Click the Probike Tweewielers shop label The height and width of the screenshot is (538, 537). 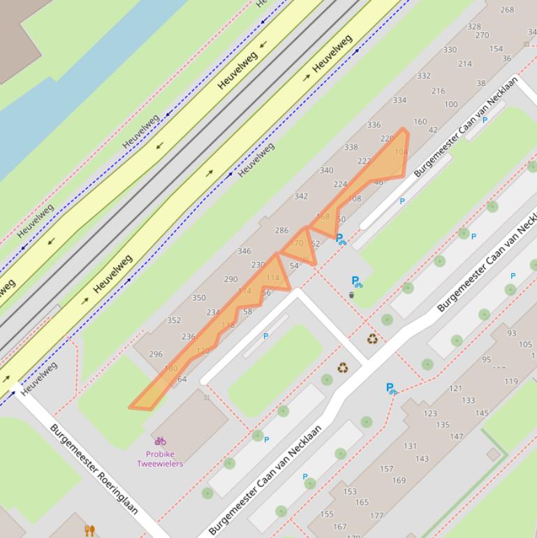pyautogui.click(x=160, y=458)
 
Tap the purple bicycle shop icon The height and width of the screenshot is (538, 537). pyautogui.click(x=161, y=441)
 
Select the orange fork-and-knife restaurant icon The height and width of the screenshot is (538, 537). pyautogui.click(x=89, y=531)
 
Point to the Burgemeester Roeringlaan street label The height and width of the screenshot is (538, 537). pyautogui.click(x=94, y=468)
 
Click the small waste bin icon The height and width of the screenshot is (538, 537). pyautogui.click(x=351, y=296)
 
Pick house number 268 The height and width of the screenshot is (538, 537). pyautogui.click(x=507, y=10)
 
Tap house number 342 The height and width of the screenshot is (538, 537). pyautogui.click(x=301, y=196)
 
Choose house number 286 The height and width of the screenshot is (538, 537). pyautogui.click(x=281, y=230)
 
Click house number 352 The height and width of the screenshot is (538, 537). pyautogui.click(x=174, y=321)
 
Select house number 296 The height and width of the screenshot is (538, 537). pyautogui.click(x=156, y=354)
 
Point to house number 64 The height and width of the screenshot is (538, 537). pyautogui.click(x=182, y=379)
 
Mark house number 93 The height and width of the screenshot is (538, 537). pyautogui.click(x=512, y=333)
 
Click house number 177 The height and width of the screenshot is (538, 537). pyautogui.click(x=376, y=516)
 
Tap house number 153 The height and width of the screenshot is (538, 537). pyautogui.click(x=350, y=491)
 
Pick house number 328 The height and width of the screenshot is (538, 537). pyautogui.click(x=474, y=27)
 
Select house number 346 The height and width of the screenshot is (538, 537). pyautogui.click(x=244, y=251)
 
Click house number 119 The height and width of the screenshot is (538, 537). pyautogui.click(x=511, y=381)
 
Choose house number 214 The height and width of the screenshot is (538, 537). pyautogui.click(x=465, y=64)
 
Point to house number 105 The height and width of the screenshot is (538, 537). pyautogui.click(x=525, y=344)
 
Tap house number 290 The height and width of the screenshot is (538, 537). pyautogui.click(x=231, y=279)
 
